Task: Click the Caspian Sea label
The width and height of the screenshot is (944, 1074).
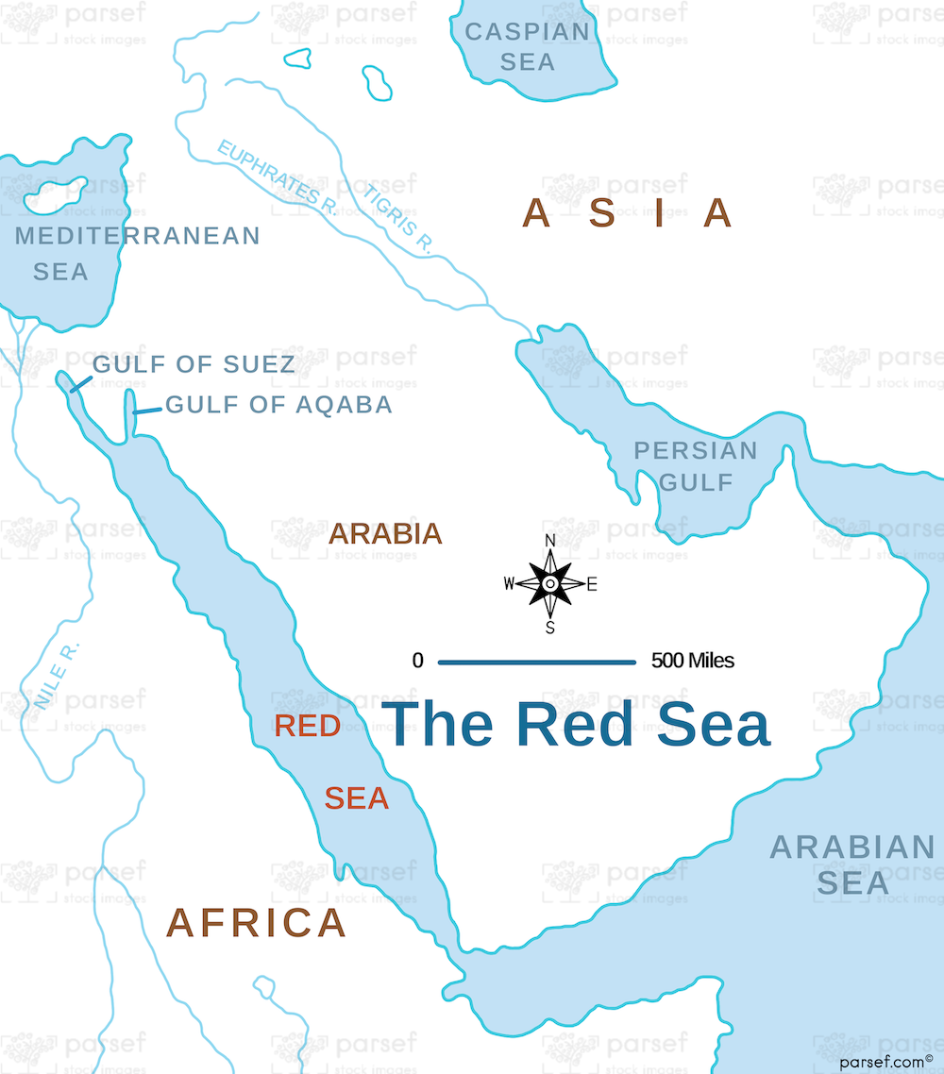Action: click(x=528, y=46)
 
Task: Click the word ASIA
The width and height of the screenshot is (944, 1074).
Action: click(x=628, y=213)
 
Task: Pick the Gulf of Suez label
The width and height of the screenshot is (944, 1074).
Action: click(x=194, y=363)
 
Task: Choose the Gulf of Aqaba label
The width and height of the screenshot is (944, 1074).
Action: click(x=278, y=405)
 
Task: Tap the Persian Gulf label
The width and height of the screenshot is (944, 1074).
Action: click(x=696, y=466)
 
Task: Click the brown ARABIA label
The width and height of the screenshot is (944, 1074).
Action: click(x=385, y=534)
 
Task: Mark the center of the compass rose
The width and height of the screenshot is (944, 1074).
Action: click(x=550, y=584)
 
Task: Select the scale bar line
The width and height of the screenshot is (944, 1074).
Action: click(x=536, y=662)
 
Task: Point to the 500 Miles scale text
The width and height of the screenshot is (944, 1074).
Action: click(x=692, y=661)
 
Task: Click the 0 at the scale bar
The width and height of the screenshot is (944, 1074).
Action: click(x=417, y=661)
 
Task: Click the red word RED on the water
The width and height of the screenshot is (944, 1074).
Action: click(x=307, y=726)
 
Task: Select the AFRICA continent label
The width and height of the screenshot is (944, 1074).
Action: click(x=256, y=922)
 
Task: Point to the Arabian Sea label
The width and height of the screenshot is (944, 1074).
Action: click(x=852, y=864)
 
